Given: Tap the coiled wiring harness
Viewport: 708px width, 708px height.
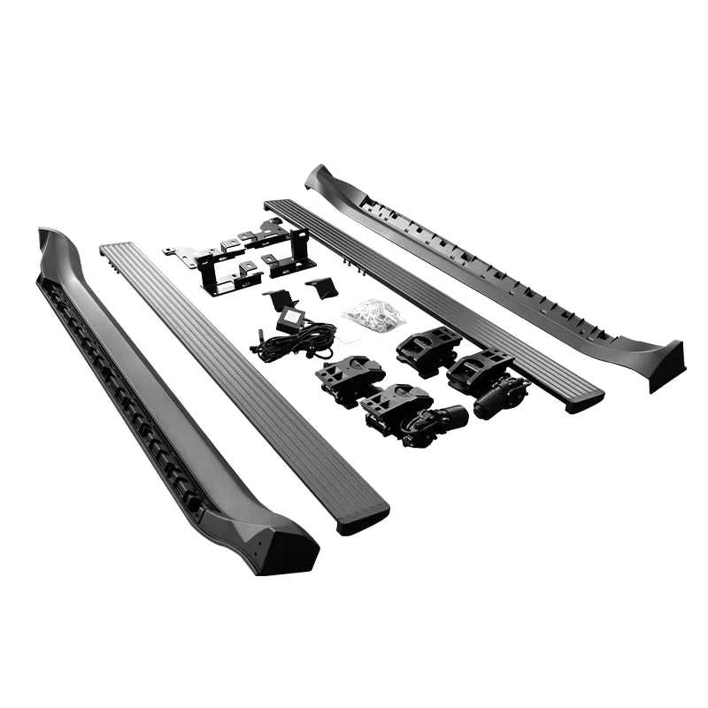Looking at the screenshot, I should pyautogui.click(x=296, y=340).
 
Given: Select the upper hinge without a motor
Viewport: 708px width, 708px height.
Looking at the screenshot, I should pyautogui.click(x=427, y=345).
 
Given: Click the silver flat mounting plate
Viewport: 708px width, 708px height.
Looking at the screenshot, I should pyautogui.click(x=190, y=257).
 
